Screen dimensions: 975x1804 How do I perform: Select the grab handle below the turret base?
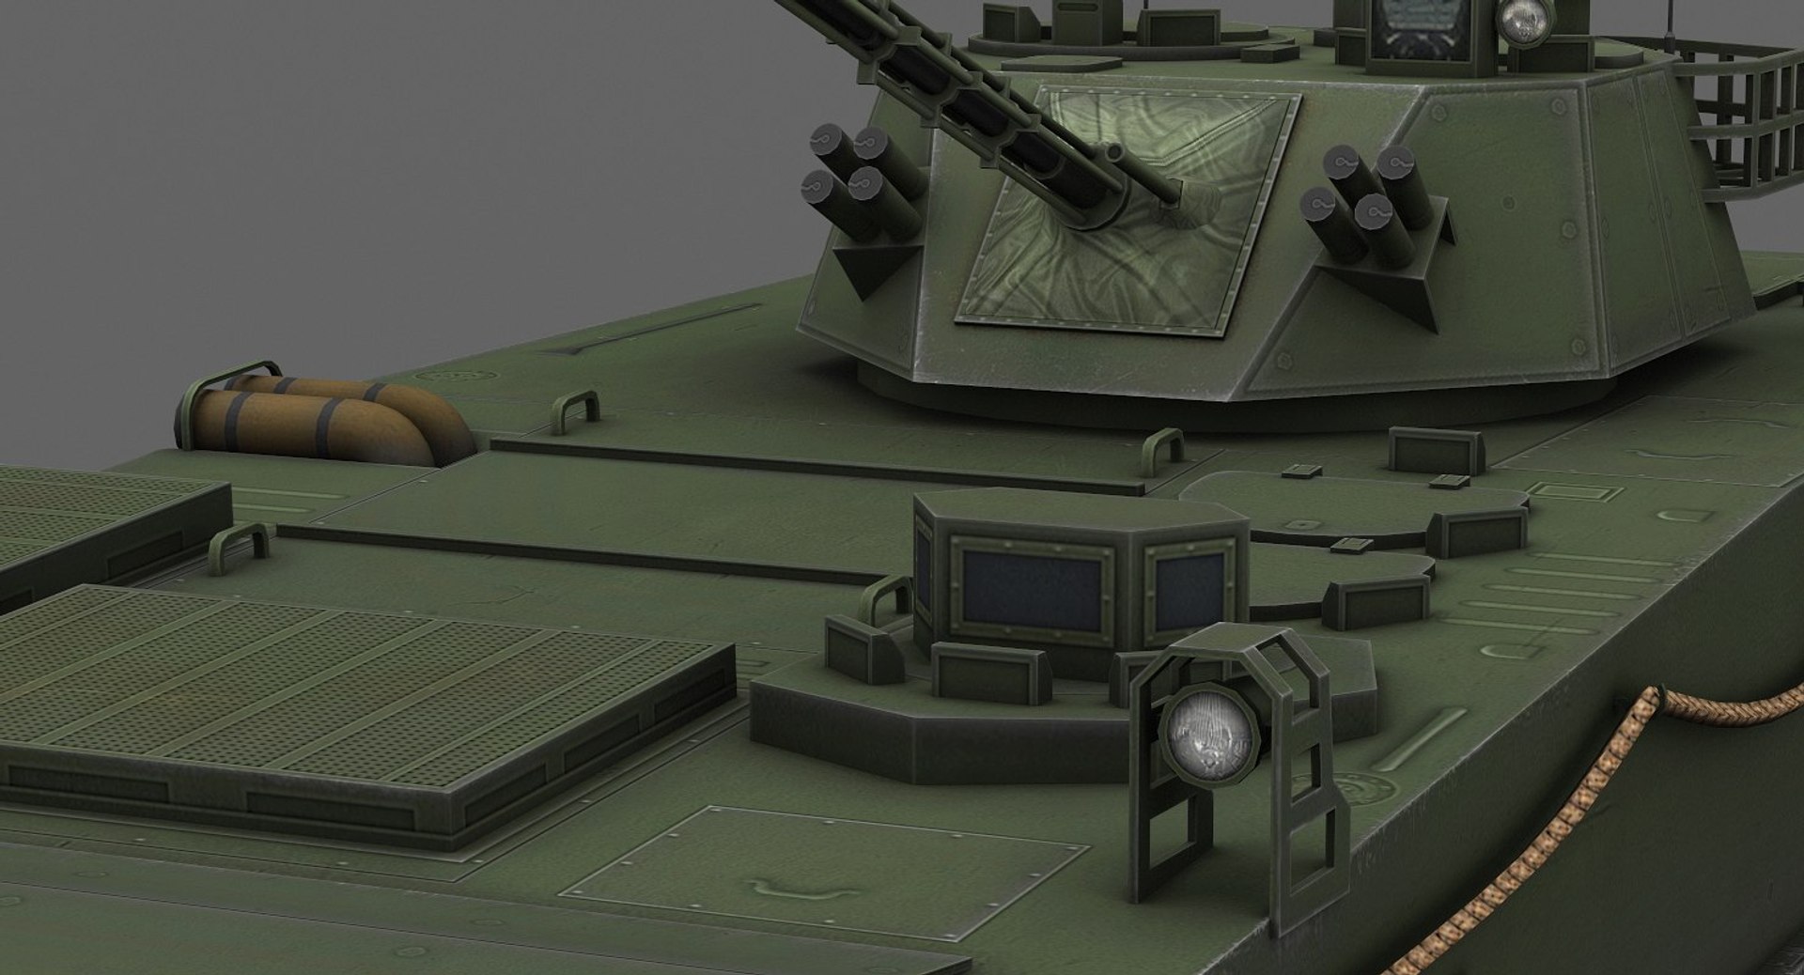point(1163,447)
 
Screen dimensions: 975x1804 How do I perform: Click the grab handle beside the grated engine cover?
point(238,542)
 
